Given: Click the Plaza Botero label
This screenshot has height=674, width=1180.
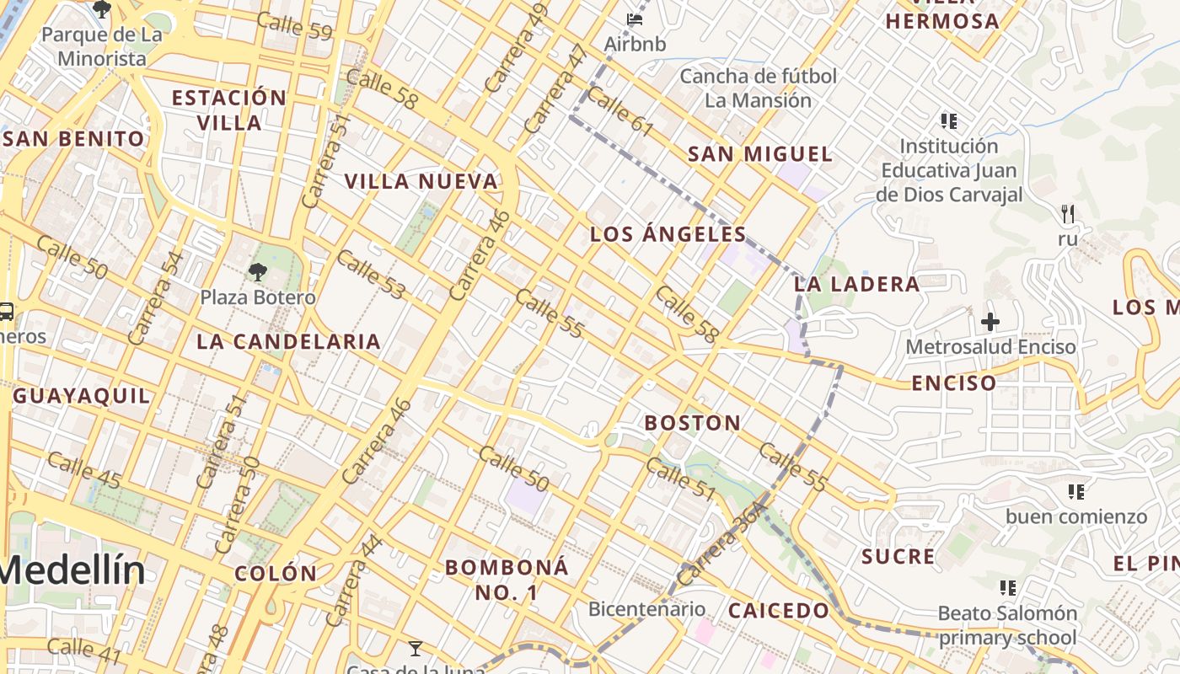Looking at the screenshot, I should [x=258, y=297].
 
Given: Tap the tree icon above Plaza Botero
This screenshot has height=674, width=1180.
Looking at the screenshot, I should [x=257, y=271].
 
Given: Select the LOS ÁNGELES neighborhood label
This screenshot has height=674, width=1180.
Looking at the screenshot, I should [x=668, y=234].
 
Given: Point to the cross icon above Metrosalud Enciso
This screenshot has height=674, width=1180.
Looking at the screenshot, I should [x=990, y=321].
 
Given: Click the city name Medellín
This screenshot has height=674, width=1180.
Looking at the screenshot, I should [x=72, y=570].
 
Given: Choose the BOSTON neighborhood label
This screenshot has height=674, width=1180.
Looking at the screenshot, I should [x=693, y=423].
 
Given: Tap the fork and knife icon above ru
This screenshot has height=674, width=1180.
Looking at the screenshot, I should [x=1068, y=214].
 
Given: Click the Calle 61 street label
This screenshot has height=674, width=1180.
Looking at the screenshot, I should [x=620, y=113].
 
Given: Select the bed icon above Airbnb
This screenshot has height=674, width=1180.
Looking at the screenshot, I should [x=635, y=19].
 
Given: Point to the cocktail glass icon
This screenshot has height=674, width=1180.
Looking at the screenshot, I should [x=415, y=648].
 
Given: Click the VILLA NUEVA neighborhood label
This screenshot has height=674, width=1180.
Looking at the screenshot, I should [x=421, y=181].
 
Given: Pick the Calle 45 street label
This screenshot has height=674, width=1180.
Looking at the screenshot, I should [x=84, y=470].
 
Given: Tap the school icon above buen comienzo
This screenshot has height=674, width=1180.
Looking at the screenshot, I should [x=1075, y=491].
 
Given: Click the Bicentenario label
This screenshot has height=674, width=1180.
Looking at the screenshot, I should [x=646, y=608].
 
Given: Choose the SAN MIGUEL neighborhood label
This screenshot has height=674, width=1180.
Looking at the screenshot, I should [x=760, y=154].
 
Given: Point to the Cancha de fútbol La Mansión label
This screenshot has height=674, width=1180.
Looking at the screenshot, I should [x=759, y=88].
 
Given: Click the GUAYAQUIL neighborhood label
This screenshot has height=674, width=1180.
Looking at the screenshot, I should [x=83, y=395].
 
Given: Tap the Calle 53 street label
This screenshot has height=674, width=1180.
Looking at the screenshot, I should [x=371, y=275].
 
